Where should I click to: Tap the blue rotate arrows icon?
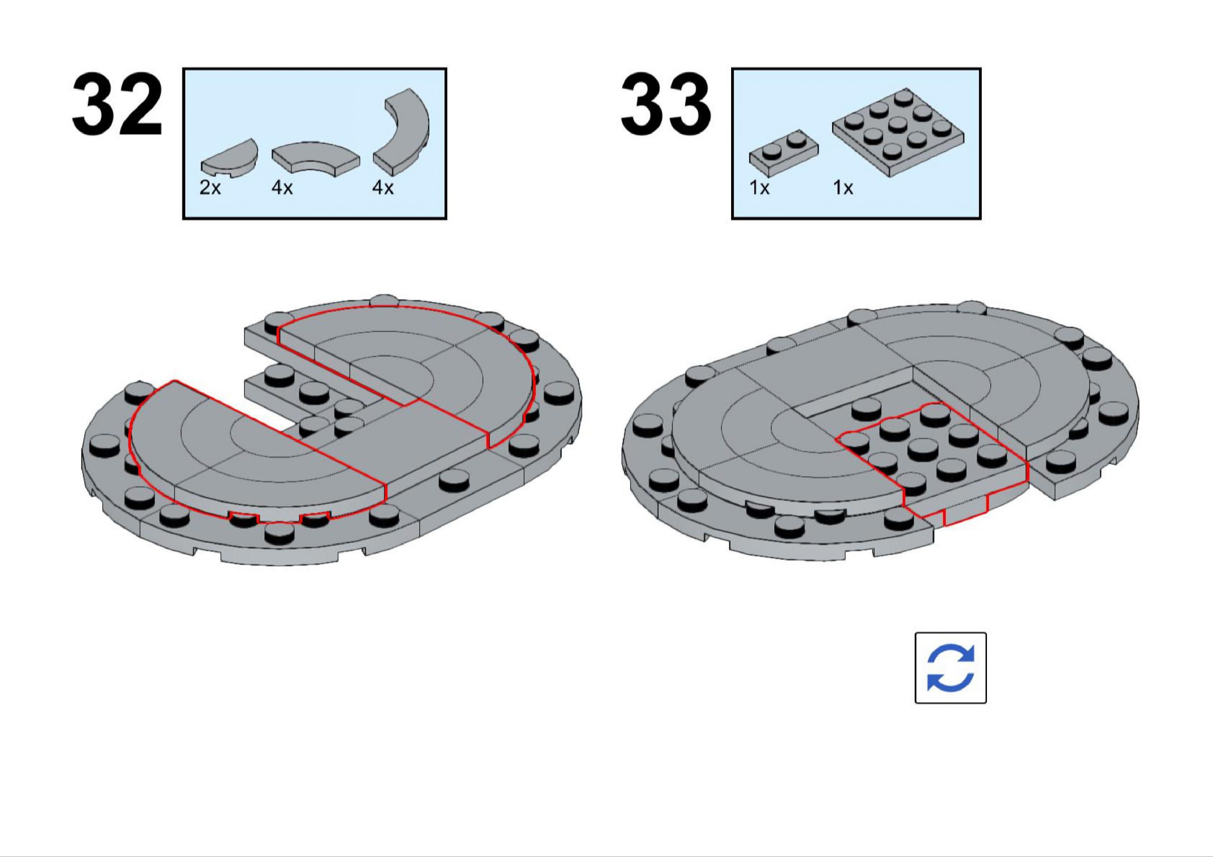pos(950,668)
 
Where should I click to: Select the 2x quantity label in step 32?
pos(210,188)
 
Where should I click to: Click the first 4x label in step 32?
pos(282,188)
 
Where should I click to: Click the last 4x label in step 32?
pos(383,188)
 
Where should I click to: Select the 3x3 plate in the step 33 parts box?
pos(897,132)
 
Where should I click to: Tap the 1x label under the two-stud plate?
pos(760,188)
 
